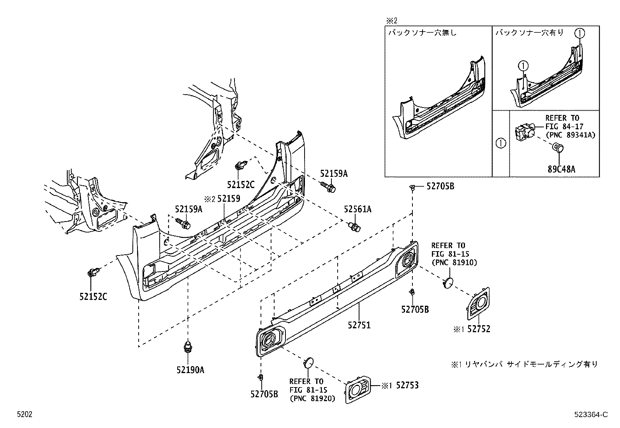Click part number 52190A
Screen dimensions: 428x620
190,369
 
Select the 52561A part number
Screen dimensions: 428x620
357,210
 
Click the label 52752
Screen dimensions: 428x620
479,329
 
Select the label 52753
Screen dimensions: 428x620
407,385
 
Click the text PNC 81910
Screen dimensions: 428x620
454,262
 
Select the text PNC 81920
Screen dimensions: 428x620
312,398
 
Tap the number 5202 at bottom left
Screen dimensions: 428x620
24,415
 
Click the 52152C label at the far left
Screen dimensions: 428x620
93,297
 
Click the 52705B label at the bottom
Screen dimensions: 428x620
264,394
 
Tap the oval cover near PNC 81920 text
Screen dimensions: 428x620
308,362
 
